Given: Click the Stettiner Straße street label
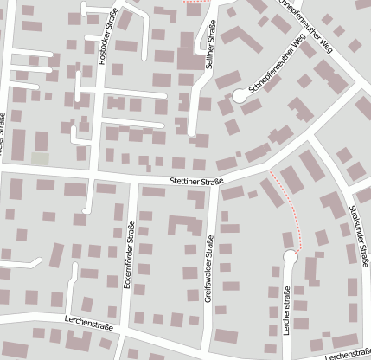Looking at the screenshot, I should point(196,181).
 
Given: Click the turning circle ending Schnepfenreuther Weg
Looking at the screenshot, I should point(240,97).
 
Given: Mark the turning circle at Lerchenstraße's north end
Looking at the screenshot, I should point(291,257).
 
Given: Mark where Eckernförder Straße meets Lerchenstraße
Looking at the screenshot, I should point(125,328).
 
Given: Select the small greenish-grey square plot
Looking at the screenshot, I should point(40,159).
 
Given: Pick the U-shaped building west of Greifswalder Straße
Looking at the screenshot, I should point(181,227).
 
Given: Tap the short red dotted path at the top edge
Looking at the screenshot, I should point(197,3).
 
